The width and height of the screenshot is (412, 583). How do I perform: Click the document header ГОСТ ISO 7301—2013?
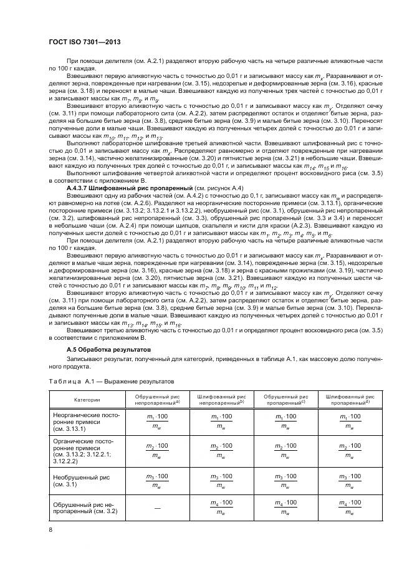pos(84,42)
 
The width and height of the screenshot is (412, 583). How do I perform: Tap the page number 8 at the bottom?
pos(50,530)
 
